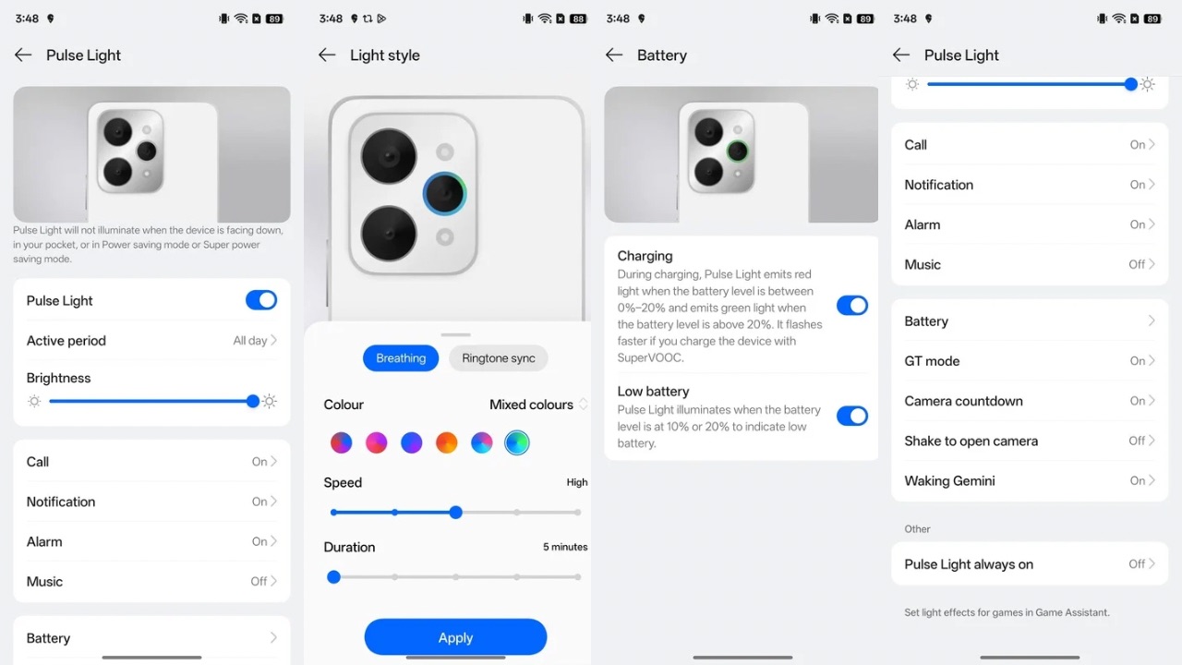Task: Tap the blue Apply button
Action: pos(455,637)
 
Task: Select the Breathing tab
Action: pos(401,358)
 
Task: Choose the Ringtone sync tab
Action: pos(499,358)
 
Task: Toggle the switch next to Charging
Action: pos(851,306)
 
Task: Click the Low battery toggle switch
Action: pos(851,416)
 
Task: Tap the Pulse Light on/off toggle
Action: pos(260,300)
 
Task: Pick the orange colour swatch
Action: pos(447,443)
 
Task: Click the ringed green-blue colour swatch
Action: pos(517,443)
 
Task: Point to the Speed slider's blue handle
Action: pos(455,512)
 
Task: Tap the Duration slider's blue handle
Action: pos(334,577)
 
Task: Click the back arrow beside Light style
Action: pos(327,55)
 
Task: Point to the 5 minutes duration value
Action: pos(565,547)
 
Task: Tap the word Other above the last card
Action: pos(917,529)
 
